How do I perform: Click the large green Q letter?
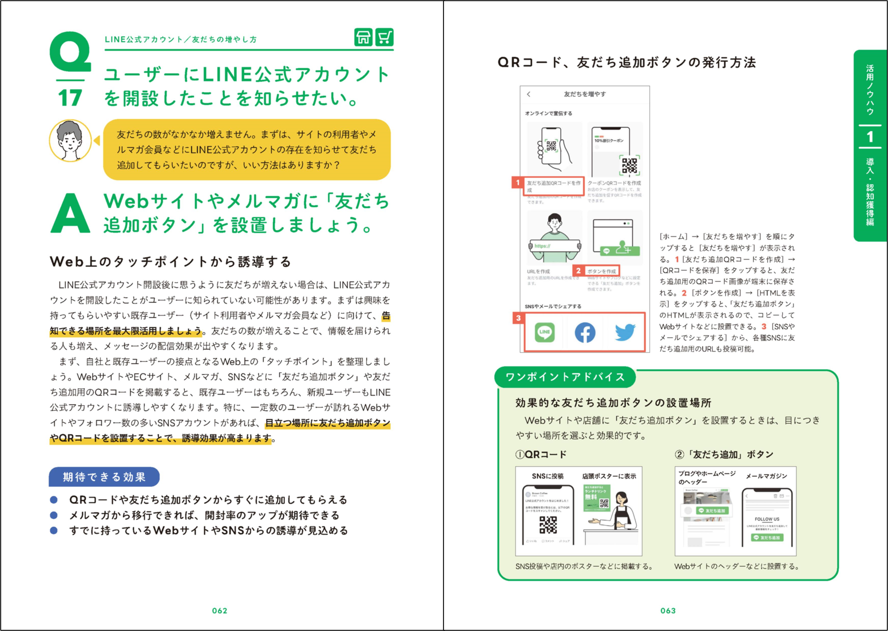(x=70, y=52)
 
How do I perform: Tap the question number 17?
(x=70, y=98)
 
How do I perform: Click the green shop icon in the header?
(x=363, y=37)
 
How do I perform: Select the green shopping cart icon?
(x=384, y=37)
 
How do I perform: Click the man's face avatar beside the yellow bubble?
(x=70, y=140)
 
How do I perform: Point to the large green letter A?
(x=70, y=213)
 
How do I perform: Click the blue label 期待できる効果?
(x=104, y=477)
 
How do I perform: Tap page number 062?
(x=220, y=610)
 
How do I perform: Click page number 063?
(x=668, y=610)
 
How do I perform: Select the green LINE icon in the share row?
(x=544, y=332)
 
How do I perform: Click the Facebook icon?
(x=585, y=332)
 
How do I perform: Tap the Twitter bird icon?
(x=625, y=332)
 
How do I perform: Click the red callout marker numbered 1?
(x=518, y=183)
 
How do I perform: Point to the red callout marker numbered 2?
(x=578, y=270)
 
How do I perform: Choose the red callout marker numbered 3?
(x=518, y=318)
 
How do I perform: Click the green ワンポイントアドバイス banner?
(x=565, y=377)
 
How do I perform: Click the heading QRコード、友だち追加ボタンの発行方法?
(x=627, y=62)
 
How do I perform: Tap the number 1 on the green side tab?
(x=870, y=137)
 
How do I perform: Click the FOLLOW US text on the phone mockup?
(x=767, y=519)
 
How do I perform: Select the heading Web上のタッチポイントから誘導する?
(x=171, y=262)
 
